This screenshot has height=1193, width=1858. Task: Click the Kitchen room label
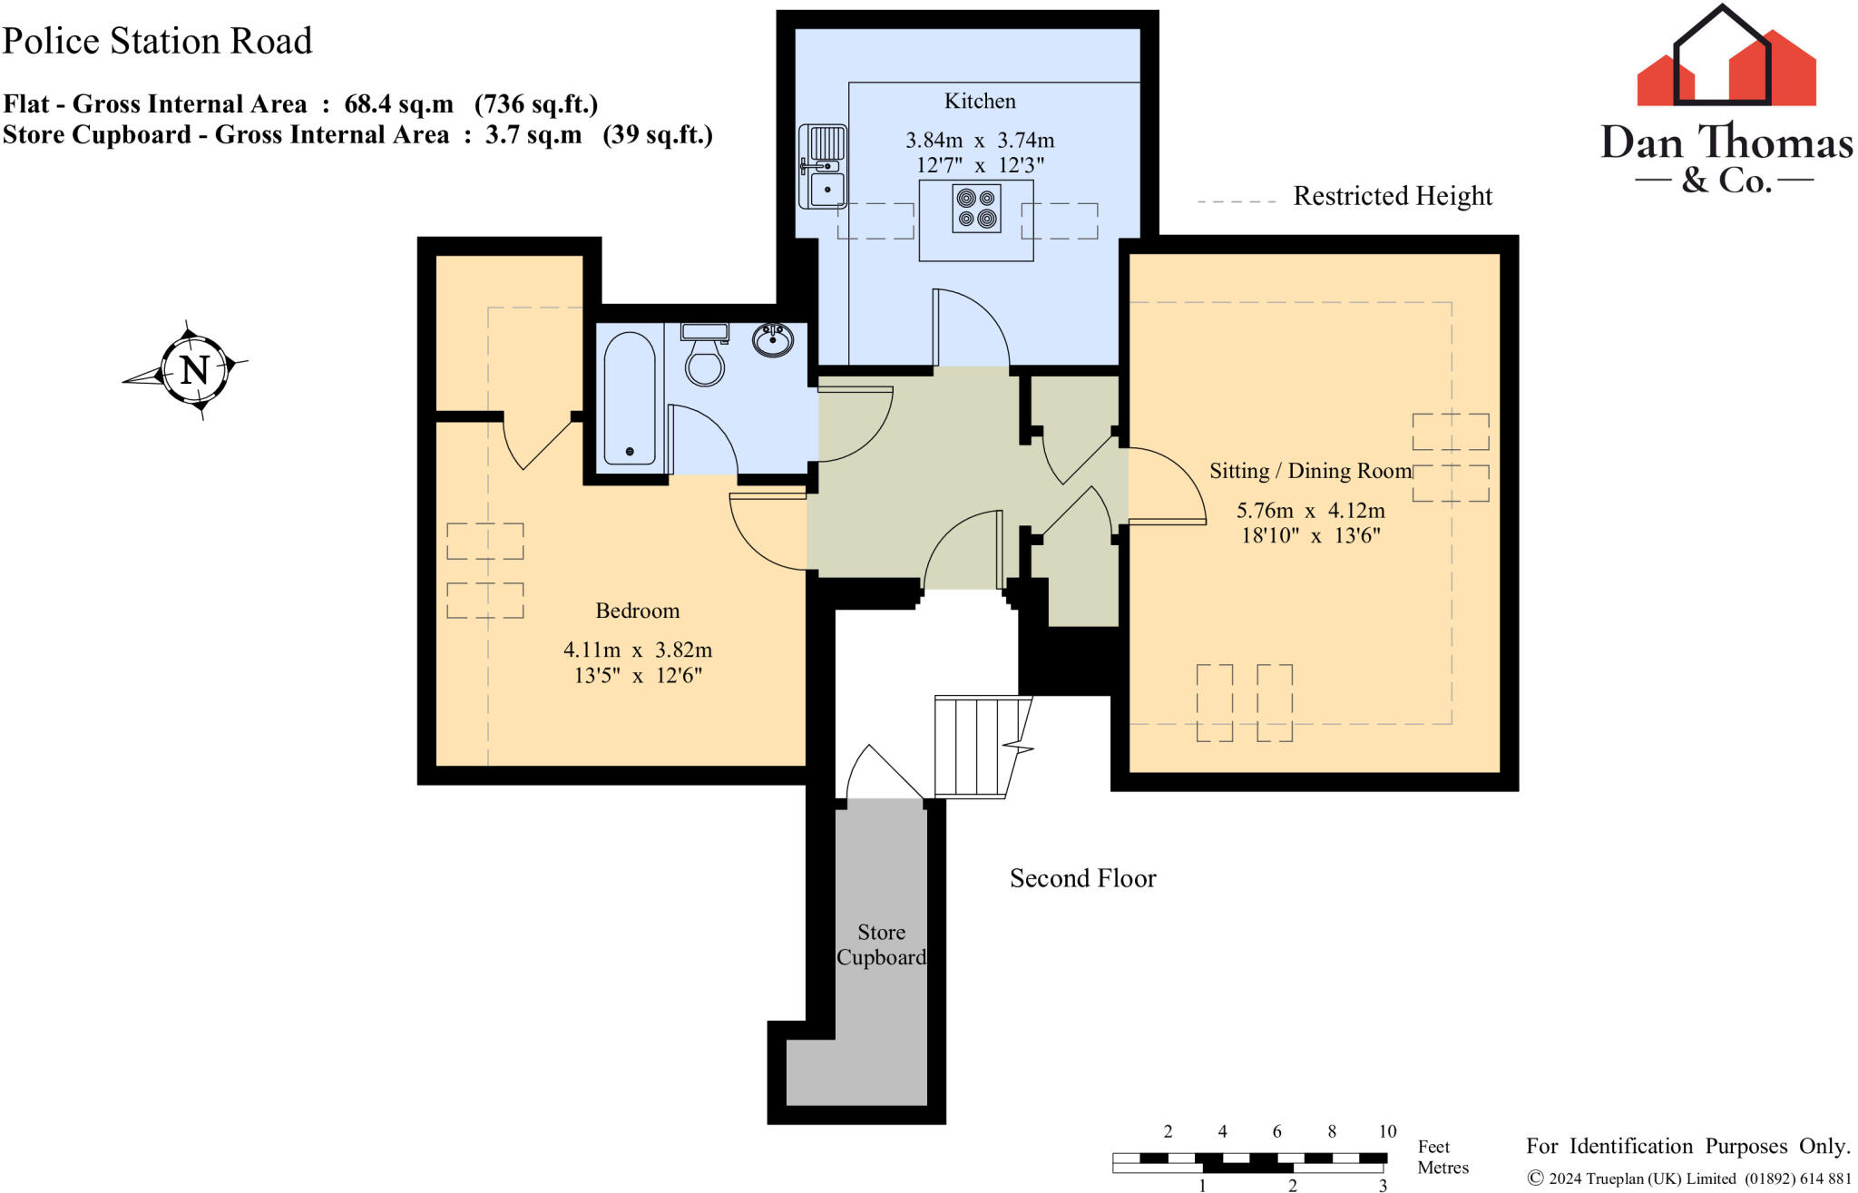coord(980,101)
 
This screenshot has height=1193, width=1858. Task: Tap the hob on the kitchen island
coord(976,209)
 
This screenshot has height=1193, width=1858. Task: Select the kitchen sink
coord(823,167)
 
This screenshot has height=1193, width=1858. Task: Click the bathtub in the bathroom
coord(630,399)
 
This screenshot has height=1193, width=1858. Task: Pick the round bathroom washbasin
coord(773,340)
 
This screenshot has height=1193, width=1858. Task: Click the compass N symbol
coord(194,370)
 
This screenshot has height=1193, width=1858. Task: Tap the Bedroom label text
coord(637,611)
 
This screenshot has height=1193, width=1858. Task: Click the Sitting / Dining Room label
coord(1310,471)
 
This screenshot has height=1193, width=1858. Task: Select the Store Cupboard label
coord(881,944)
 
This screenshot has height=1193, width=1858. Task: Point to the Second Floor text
coord(1082,878)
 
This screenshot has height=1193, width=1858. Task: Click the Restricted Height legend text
coord(1392,196)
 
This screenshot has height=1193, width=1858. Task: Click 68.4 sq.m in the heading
coord(398,104)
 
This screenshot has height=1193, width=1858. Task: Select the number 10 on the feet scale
coord(1387,1131)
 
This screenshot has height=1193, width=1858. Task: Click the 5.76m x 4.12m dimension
coord(1310,511)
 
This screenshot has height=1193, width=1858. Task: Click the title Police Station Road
coord(157,41)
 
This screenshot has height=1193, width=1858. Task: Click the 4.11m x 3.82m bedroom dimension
coord(637,650)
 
